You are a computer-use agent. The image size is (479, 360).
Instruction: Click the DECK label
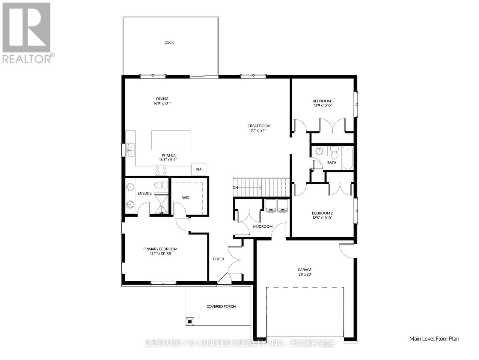169,42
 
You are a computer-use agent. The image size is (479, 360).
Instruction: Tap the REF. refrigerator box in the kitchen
199,169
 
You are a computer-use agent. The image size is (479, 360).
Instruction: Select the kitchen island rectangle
171,140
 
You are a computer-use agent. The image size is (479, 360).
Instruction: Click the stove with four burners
161,170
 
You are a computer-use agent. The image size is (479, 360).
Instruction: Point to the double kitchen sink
131,150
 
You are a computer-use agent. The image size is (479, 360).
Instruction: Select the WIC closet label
186,198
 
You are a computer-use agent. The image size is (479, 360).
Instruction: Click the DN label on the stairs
235,188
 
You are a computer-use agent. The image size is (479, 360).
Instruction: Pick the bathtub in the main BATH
348,158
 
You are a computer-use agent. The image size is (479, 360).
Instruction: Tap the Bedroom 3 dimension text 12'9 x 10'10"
323,106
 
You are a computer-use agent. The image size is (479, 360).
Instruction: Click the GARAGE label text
305,270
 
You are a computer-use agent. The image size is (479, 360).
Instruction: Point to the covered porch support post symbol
190,321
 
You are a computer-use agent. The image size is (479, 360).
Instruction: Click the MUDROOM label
263,226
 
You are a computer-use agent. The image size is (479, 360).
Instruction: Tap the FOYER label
218,259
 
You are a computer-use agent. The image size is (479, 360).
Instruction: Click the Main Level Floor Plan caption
434,339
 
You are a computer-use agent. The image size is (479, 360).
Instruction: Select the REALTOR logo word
27,58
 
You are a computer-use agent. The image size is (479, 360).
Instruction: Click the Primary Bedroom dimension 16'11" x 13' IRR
160,254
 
